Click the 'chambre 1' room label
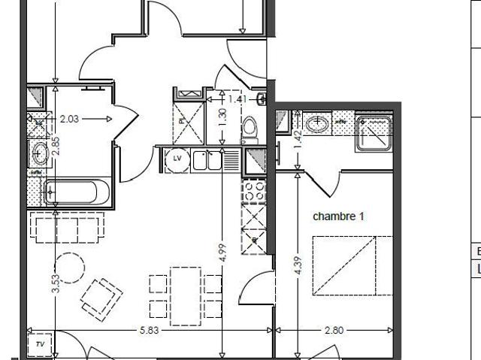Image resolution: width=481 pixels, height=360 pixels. click(x=338, y=216)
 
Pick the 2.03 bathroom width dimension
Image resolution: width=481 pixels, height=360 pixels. click(x=68, y=118)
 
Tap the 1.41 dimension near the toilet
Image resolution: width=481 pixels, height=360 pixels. click(x=236, y=98)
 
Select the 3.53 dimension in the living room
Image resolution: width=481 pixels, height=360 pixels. click(x=56, y=282)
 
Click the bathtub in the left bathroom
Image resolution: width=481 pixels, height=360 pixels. click(x=73, y=193)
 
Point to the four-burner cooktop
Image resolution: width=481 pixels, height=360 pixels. click(x=253, y=191)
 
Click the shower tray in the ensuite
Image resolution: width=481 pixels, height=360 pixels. click(x=374, y=133)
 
